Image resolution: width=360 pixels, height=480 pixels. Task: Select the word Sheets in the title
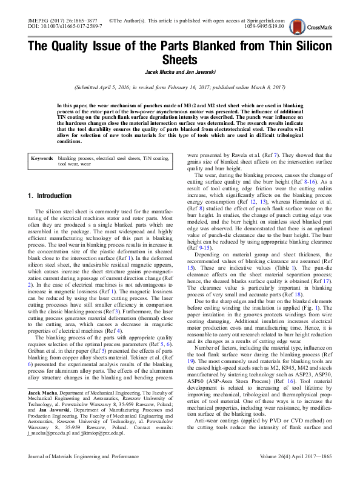[180, 60]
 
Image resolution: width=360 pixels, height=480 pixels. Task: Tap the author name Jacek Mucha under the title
[159, 72]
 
